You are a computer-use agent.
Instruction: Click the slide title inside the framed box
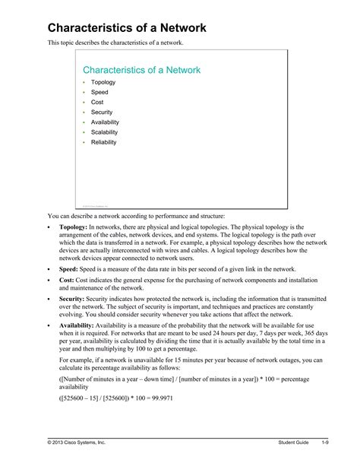click(x=141, y=70)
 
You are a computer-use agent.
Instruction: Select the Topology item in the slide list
click(x=103, y=82)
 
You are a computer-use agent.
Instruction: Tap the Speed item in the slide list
click(x=99, y=92)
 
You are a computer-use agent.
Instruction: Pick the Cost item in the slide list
click(x=98, y=102)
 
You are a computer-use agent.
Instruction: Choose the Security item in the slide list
click(x=102, y=112)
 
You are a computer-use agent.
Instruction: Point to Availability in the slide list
click(x=105, y=122)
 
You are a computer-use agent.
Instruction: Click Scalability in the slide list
click(x=105, y=132)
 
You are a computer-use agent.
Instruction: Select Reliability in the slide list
click(x=104, y=141)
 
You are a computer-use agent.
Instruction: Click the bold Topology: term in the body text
click(x=73, y=227)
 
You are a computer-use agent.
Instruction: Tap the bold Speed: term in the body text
click(x=68, y=268)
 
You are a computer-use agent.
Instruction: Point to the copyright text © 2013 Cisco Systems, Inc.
click(x=81, y=442)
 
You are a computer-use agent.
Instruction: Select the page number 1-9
click(x=324, y=442)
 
